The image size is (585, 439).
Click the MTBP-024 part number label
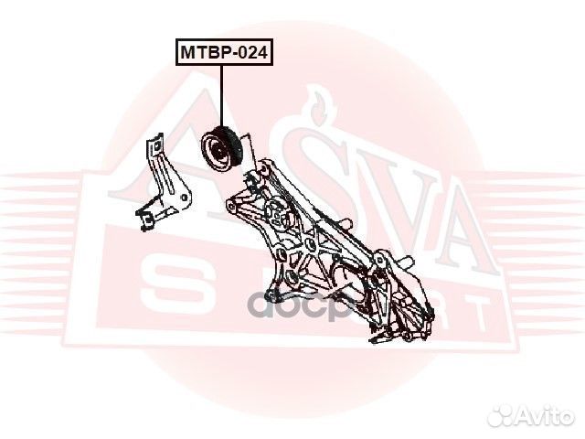point(223,54)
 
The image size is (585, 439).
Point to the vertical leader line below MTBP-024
point(222,96)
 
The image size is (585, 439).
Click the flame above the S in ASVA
point(315,101)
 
